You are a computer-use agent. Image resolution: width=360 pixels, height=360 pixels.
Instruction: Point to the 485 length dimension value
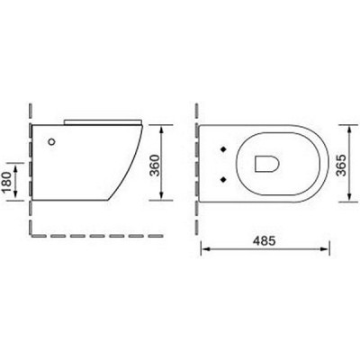(263, 241)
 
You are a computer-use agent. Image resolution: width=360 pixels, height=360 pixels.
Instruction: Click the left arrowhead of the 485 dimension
(202, 249)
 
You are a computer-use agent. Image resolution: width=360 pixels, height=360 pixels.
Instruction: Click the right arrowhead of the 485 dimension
(323, 249)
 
